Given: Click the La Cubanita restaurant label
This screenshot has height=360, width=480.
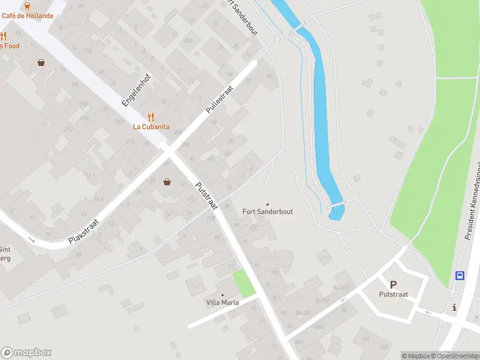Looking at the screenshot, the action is [x=151, y=127].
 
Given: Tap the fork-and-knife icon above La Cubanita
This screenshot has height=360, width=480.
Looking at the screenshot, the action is [x=151, y=117].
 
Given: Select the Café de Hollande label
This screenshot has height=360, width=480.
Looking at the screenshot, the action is [x=27, y=16].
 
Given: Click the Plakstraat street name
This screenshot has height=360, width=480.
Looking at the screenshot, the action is [x=83, y=231].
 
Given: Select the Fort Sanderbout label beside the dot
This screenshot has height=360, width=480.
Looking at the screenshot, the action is [x=268, y=212].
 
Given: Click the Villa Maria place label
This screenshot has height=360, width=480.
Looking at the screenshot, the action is [x=222, y=302].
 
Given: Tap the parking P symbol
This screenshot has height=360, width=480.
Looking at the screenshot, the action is [x=393, y=285].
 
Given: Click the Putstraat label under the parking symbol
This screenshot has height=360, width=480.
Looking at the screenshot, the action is [x=393, y=294].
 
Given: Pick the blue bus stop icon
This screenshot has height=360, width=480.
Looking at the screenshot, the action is [x=460, y=276].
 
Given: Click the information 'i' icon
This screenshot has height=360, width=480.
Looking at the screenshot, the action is [x=454, y=308].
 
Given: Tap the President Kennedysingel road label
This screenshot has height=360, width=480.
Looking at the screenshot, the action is [x=473, y=201].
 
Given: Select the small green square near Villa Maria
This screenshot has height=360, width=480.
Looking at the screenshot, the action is [x=244, y=283].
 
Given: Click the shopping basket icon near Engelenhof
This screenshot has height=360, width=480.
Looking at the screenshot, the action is [x=41, y=62].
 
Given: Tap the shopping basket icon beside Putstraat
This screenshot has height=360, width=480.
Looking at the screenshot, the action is [x=167, y=182].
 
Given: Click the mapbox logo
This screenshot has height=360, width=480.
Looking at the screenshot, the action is [x=26, y=353].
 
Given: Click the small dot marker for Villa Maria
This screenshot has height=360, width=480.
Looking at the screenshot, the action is [x=222, y=295].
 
